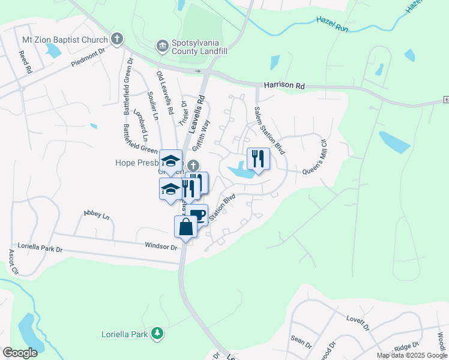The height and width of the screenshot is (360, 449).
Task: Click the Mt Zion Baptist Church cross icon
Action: click(x=117, y=40)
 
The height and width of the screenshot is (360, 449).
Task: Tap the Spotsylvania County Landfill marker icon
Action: click(x=161, y=46)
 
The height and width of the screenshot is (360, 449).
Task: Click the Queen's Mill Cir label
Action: click(x=314, y=161)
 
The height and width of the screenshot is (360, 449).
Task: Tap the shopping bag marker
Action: click(x=185, y=227)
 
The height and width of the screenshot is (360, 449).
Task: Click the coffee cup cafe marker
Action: click(x=197, y=215)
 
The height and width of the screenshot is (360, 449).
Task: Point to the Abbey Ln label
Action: click(x=97, y=214)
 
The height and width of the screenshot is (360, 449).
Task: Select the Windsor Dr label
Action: click(x=161, y=246)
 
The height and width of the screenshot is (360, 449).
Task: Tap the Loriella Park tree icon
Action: click(x=157, y=332)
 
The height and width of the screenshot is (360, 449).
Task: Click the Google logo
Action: click(x=20, y=353)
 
